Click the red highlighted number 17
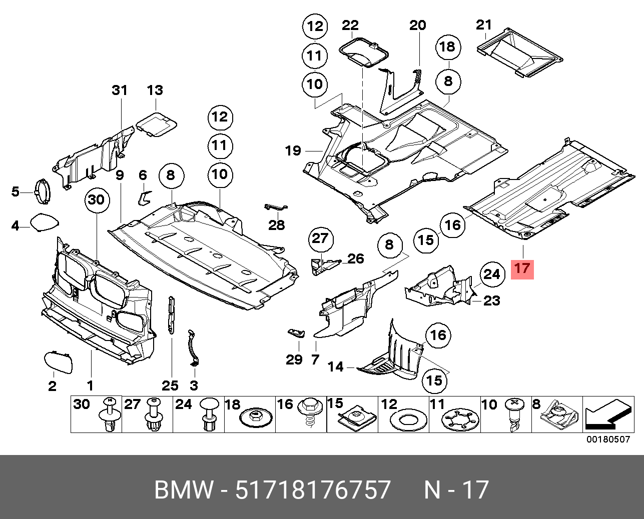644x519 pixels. click(x=522, y=268)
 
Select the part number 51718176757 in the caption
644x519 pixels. click(x=313, y=490)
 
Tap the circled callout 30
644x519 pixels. click(x=96, y=200)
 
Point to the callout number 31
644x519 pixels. click(x=120, y=90)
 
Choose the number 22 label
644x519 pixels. click(x=350, y=25)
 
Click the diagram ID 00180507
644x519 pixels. click(x=608, y=439)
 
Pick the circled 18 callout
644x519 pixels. click(x=447, y=47)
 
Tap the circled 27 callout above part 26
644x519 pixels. click(x=320, y=238)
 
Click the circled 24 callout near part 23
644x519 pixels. click(x=492, y=274)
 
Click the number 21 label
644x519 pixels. click(x=484, y=24)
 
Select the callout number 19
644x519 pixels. click(x=293, y=150)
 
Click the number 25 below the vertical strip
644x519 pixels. click(x=170, y=385)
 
